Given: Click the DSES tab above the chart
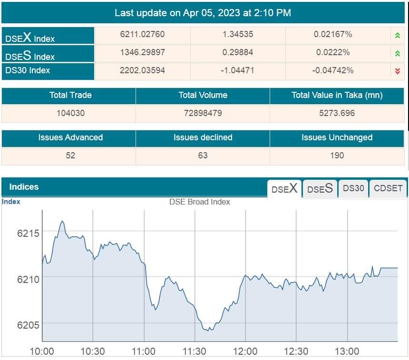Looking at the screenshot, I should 320,188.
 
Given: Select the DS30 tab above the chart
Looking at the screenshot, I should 353,188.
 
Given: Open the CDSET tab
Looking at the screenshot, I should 388,188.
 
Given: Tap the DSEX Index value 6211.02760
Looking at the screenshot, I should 143,35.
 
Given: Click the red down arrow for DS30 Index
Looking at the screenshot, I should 398,71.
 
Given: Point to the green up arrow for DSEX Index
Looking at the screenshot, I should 398,35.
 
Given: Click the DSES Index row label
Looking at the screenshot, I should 30,56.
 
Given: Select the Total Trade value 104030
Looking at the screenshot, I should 70,113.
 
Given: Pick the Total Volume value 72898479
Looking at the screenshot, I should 203,113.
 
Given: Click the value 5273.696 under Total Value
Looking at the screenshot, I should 337,113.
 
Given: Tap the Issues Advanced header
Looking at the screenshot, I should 70,137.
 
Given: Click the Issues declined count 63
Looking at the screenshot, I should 203,155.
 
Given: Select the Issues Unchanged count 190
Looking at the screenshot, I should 337,155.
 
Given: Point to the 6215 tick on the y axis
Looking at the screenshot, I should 29,233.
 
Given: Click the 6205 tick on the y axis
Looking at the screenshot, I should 29,325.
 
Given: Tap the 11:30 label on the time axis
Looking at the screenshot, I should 194,351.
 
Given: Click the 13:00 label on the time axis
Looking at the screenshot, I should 347,351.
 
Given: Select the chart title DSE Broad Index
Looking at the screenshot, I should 200,202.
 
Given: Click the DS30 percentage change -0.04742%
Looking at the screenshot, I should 333,70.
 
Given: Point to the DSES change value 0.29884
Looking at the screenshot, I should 238,52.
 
